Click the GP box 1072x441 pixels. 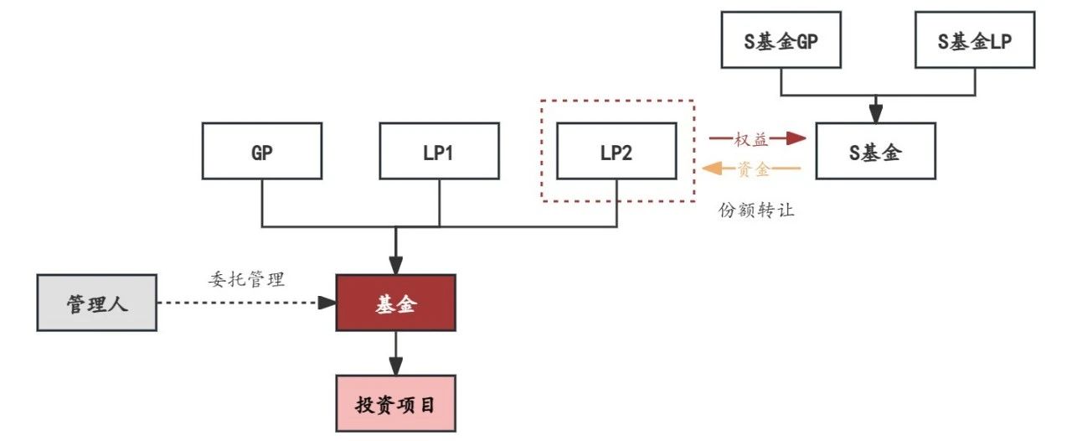coord(263,151)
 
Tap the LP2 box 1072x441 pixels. coord(616,151)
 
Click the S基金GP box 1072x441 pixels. coord(781,39)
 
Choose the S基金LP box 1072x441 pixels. coord(975,39)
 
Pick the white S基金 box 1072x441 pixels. coord(875,151)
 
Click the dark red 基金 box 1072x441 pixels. coord(395,302)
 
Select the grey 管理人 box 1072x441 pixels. coord(97,302)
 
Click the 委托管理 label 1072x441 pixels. coord(246,279)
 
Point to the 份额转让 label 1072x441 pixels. coord(755,210)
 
